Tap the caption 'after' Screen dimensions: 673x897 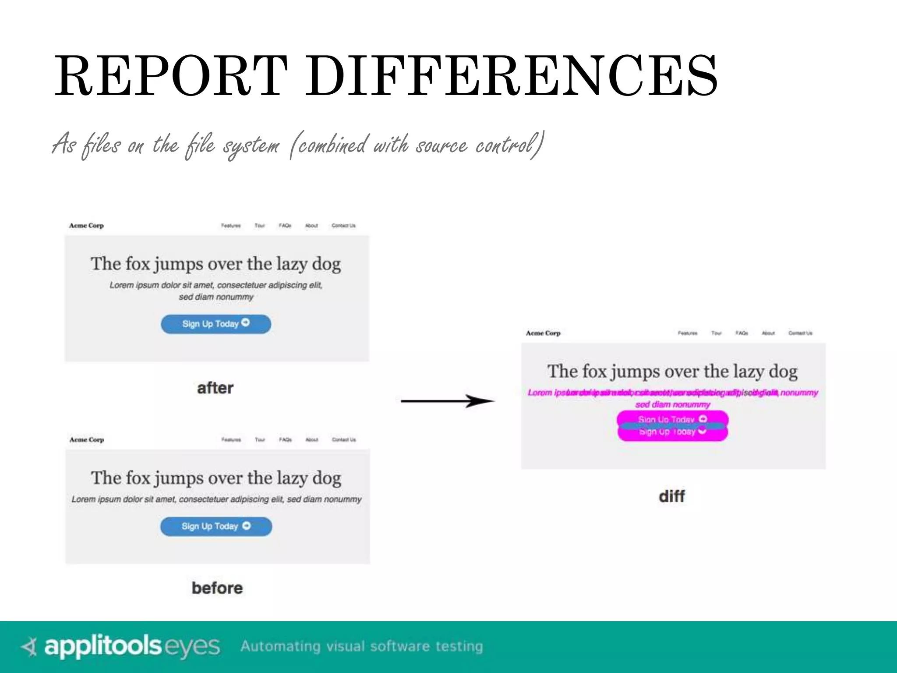coord(215,388)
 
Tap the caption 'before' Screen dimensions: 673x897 coord(217,588)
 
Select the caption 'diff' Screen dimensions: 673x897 coord(671,496)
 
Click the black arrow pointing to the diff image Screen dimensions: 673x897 coord(447,401)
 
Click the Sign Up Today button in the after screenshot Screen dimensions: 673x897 coord(216,324)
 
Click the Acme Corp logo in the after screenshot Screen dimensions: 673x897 coord(86,226)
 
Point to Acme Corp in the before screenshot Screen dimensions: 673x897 coord(87,439)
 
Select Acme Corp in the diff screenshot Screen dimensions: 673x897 coord(543,333)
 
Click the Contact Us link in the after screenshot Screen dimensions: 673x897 coord(343,226)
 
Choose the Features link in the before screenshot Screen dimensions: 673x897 coord(231,439)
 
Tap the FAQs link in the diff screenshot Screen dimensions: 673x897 coord(742,333)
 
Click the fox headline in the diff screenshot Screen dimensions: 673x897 coord(672,372)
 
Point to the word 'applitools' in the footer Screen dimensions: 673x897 coord(103,646)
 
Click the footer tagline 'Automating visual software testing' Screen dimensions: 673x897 coord(361,647)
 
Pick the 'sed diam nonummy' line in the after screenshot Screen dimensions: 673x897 coord(216,297)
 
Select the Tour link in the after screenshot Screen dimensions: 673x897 coord(260,226)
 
